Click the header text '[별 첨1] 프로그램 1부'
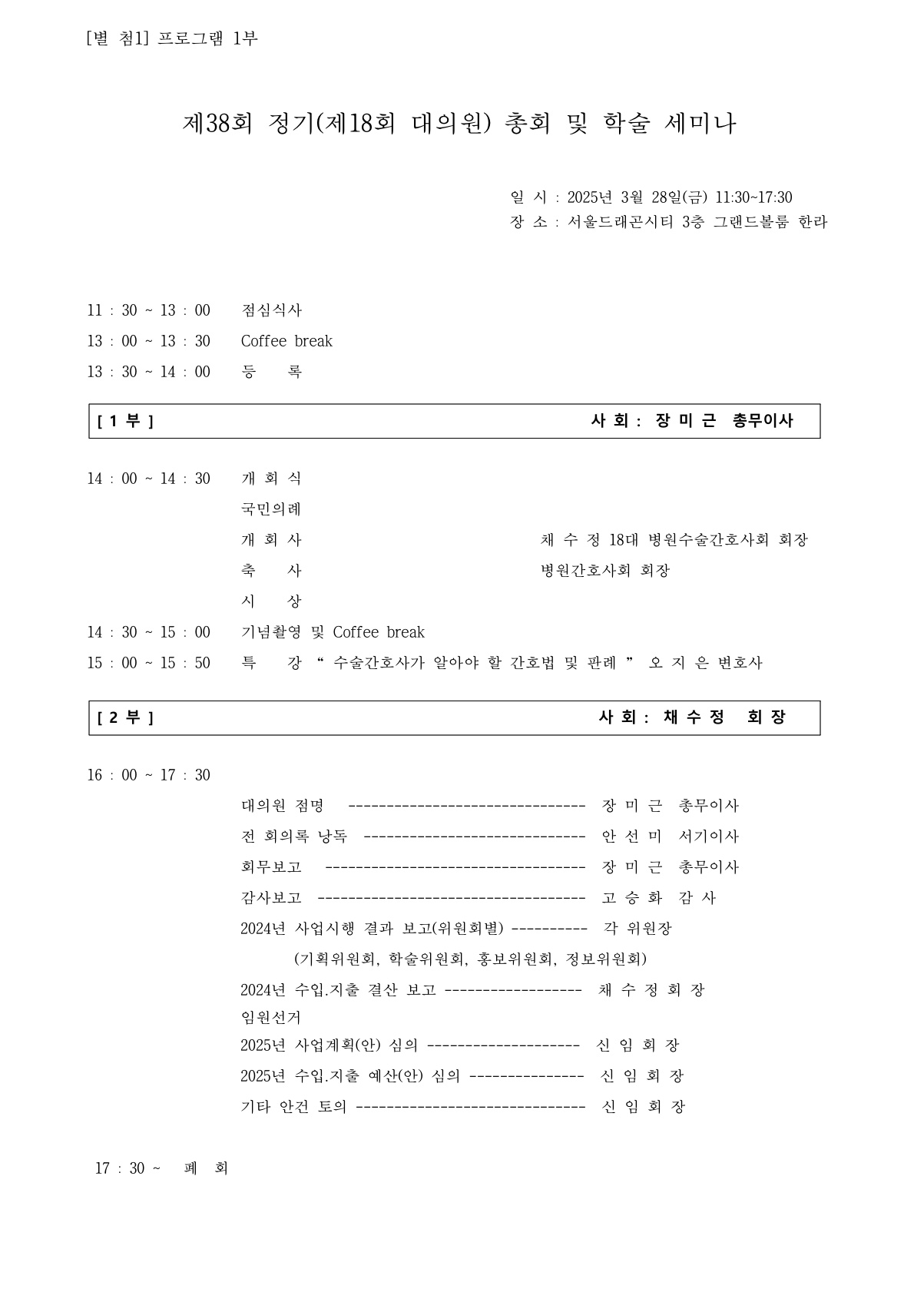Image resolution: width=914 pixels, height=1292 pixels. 173,38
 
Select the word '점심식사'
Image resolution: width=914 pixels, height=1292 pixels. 272,310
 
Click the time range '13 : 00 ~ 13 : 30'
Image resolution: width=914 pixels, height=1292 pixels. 148,341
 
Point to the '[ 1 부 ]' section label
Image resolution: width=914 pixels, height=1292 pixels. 126,421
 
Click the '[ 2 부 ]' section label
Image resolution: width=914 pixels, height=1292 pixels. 126,717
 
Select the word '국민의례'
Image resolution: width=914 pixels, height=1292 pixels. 272,509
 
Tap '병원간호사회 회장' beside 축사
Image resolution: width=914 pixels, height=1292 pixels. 605,571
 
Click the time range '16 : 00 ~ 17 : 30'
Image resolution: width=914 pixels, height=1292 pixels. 148,775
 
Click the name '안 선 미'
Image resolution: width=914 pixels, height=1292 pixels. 631,836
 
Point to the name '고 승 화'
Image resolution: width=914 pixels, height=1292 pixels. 631,898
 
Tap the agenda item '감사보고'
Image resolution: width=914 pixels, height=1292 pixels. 272,898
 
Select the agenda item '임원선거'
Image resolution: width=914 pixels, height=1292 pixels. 271,1018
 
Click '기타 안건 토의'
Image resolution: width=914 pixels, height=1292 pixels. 293,1107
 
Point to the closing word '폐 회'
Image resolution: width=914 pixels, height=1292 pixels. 206,1168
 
